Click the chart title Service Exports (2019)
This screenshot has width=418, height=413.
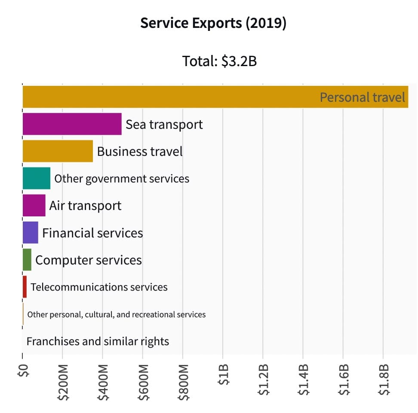(x=213, y=23)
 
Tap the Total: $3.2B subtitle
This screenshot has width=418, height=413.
(x=219, y=61)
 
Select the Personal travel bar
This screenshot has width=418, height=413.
(x=215, y=97)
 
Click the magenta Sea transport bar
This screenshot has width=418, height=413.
(x=72, y=124)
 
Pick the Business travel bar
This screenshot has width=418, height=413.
(x=58, y=151)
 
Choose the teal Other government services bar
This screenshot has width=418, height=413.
(x=37, y=178)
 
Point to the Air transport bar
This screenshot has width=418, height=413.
(x=34, y=205)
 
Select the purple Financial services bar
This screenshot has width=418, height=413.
(x=30, y=232)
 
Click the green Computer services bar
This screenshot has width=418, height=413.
(x=27, y=260)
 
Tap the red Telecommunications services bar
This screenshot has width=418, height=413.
(x=25, y=287)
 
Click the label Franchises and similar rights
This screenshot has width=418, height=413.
(x=98, y=341)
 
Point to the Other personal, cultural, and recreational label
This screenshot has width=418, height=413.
(x=116, y=314)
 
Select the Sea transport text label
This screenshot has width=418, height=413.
(x=164, y=125)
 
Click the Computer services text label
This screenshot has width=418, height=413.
(x=88, y=260)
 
